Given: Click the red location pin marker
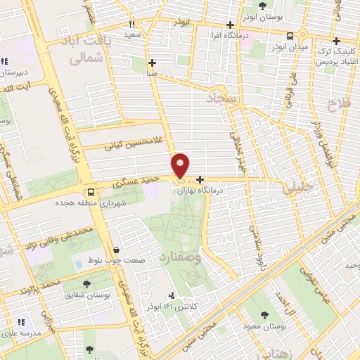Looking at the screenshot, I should point(181,165).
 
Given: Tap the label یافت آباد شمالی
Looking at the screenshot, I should point(86,49).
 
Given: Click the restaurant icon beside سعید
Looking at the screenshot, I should point(131,24).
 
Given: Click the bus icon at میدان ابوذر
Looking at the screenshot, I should point(290,36).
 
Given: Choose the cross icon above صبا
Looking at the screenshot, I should point(152,62).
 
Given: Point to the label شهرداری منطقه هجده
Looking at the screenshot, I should point(94,204).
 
